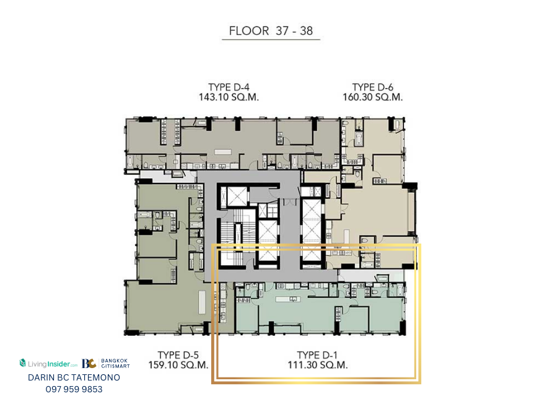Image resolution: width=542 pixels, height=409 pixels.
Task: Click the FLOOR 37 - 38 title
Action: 271,31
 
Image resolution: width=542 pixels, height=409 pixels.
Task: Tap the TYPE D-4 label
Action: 229,87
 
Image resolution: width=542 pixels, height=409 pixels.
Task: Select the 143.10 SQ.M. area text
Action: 229,97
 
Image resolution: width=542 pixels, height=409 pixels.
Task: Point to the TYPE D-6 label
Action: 373,87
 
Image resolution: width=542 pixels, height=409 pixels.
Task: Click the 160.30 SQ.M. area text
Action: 373,97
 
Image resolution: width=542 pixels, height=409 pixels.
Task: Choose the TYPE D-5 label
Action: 178,355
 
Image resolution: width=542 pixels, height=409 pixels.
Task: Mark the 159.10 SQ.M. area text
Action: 178,365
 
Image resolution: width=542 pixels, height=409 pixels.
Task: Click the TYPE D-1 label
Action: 317,355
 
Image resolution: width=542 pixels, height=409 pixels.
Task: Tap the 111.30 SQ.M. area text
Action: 317,365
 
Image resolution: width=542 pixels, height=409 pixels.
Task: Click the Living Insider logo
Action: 48,364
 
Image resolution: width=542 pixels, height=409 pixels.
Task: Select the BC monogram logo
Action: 89,364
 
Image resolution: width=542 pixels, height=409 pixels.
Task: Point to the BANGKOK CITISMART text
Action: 115,363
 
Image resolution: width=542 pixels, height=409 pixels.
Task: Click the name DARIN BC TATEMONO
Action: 74,377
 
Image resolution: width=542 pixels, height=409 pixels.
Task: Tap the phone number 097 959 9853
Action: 74,389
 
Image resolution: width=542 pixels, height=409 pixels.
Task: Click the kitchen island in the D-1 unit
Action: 287,299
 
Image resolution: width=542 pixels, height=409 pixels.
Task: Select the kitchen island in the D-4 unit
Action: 222,152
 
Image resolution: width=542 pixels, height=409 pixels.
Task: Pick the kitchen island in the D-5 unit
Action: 202,302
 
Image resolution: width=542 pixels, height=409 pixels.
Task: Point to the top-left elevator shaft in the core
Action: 237,197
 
